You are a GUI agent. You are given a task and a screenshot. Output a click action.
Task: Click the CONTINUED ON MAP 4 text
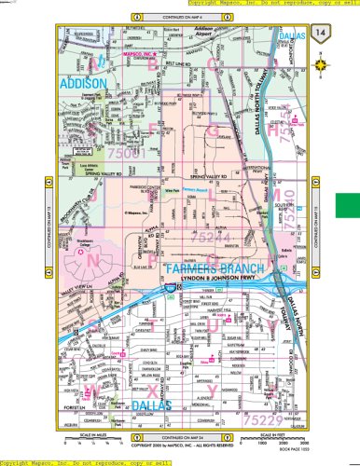tap(181, 17)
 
